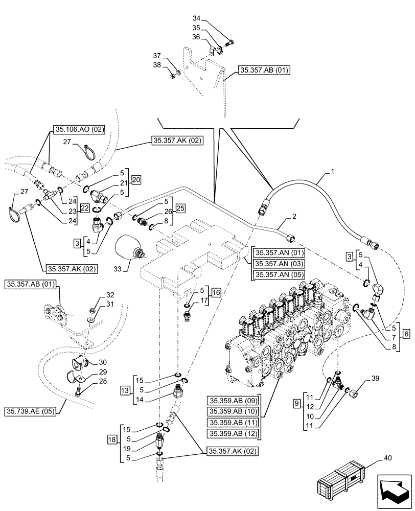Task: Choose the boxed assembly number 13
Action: (124, 391)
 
